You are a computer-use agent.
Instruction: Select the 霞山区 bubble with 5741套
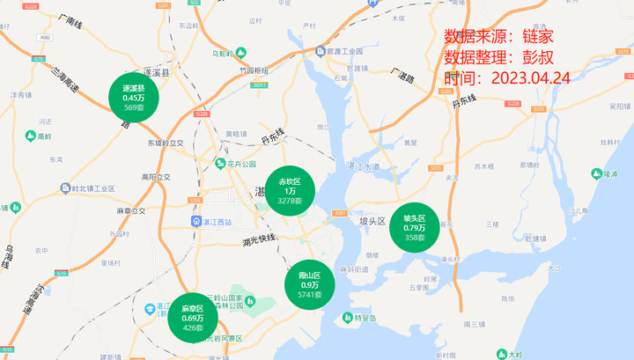(x=309, y=284)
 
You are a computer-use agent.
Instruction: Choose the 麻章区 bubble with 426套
(x=193, y=318)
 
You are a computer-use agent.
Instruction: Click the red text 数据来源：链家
(x=498, y=36)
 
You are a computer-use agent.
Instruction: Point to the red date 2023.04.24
(x=530, y=77)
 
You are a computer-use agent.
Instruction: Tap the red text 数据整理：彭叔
(x=498, y=57)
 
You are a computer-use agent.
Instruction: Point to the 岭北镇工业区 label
(x=88, y=188)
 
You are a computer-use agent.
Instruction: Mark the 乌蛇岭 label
(x=229, y=53)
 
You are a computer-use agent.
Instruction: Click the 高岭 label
(x=40, y=136)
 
